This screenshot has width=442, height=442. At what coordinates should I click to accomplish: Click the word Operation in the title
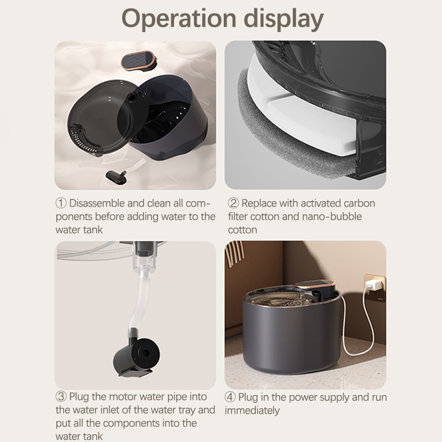pyautogui.click(x=178, y=19)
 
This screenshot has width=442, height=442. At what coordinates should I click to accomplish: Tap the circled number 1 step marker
pyautogui.click(x=61, y=203)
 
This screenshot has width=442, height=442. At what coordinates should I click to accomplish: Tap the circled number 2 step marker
pyautogui.click(x=233, y=203)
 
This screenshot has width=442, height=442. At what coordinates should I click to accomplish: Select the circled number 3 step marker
pyautogui.click(x=61, y=397)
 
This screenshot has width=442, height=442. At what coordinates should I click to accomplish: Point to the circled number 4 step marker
pyautogui.click(x=230, y=397)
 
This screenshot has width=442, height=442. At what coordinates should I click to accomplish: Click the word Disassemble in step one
pyautogui.click(x=97, y=203)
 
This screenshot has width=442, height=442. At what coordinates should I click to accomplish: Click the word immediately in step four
pyautogui.click(x=252, y=411)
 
